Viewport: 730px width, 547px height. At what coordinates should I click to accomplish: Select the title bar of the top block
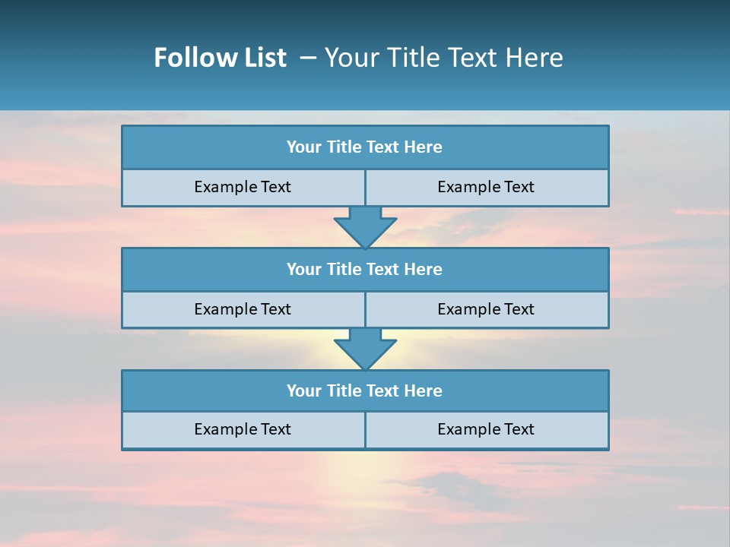point(365,147)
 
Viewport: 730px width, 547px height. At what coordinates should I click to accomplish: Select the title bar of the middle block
point(365,270)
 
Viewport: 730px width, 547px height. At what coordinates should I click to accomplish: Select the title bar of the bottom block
point(365,391)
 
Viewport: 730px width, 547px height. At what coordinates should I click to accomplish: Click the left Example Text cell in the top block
point(243,188)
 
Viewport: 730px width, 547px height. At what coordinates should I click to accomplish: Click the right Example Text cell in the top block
point(487,188)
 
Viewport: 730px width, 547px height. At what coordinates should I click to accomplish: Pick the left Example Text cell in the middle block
point(243,309)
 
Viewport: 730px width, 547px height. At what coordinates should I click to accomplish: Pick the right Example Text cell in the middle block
point(487,309)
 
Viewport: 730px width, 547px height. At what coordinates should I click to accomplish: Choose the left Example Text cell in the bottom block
point(243,430)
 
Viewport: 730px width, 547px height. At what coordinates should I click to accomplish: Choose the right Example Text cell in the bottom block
point(487,430)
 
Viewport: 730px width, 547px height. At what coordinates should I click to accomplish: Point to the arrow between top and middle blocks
point(365,226)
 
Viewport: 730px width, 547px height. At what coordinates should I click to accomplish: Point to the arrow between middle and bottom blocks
point(365,349)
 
